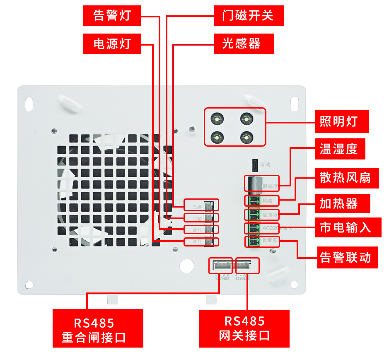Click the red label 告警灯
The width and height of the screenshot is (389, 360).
coord(112,16)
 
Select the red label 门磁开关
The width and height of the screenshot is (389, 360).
coord(249,16)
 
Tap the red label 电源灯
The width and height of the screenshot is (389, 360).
coord(112,43)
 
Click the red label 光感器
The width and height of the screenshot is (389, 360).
coord(244,43)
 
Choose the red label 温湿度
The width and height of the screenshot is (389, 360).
coord(340,149)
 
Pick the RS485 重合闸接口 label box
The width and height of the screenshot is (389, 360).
coord(98,328)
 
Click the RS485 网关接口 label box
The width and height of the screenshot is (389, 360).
coord(244,328)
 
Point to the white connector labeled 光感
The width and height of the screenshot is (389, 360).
coord(210,205)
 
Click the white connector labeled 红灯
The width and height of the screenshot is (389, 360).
coord(210,241)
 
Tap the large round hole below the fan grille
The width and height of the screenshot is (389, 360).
coord(187,266)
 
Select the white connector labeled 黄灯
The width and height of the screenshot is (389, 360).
coord(210,229)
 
